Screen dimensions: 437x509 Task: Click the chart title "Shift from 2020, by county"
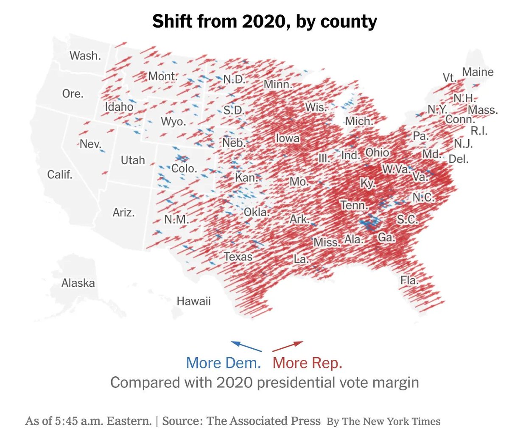point(264,21)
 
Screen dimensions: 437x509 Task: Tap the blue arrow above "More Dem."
point(246,346)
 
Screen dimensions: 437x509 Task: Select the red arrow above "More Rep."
point(288,346)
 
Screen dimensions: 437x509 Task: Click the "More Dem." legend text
point(223,363)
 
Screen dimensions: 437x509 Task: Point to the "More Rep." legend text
point(307,363)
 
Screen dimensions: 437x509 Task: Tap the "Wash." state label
point(85,56)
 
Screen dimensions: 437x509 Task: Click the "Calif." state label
point(60,174)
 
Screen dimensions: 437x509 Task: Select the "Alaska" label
point(78,283)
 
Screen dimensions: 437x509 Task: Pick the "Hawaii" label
point(194,301)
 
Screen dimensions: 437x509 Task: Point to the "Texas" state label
point(238,257)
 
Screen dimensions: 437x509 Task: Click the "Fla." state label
point(409,280)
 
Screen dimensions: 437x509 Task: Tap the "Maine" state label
point(478,72)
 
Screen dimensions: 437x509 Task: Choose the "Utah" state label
point(133,160)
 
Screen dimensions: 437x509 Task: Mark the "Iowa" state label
point(288,138)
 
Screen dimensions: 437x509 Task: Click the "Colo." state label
point(184,168)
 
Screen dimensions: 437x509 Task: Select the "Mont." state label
point(162,76)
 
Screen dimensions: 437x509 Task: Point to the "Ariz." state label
point(123,212)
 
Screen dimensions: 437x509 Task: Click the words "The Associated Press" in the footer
point(263,421)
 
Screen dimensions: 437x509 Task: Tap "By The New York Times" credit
point(383,421)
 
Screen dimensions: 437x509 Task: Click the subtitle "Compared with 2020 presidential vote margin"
point(264,382)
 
